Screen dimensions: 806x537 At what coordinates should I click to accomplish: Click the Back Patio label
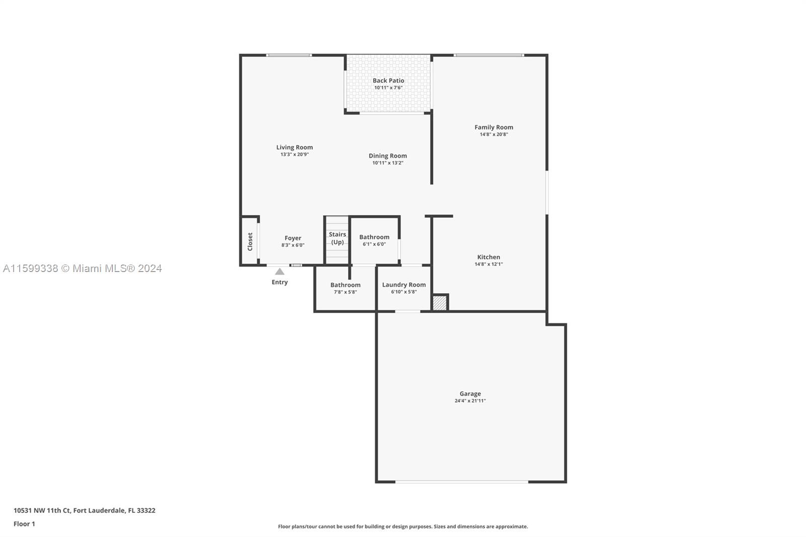(x=388, y=81)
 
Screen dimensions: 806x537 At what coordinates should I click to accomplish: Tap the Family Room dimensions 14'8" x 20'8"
(x=494, y=134)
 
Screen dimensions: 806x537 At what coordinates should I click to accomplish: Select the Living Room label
(x=294, y=147)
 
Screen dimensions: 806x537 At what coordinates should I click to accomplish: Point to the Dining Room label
(x=387, y=156)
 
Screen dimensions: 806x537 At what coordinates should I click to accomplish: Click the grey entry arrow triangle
(x=280, y=272)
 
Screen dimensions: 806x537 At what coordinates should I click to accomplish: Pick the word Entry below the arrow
(x=280, y=282)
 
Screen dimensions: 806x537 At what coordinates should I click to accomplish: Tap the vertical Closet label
(x=250, y=241)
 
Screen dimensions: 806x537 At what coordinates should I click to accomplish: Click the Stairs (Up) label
(x=337, y=238)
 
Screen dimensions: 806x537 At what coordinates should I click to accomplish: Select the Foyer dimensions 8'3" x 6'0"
(x=293, y=245)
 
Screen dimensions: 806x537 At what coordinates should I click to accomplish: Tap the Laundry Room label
(x=404, y=285)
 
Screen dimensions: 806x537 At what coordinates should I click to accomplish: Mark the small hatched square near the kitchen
(x=439, y=303)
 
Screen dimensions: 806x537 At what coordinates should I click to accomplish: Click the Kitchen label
(x=489, y=257)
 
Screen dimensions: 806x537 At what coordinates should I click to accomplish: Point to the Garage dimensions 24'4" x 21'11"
(x=470, y=400)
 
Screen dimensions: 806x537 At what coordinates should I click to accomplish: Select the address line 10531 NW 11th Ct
(x=85, y=510)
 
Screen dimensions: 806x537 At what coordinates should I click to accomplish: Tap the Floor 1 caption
(x=25, y=524)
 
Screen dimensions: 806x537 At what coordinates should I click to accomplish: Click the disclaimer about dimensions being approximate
(x=403, y=526)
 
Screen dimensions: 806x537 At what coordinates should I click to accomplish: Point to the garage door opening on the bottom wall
(x=461, y=482)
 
